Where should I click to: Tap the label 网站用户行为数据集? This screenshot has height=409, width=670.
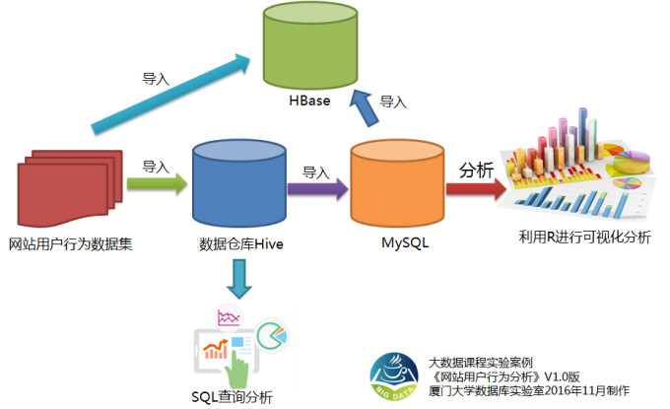[x=70, y=243]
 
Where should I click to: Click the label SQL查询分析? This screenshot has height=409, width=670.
[x=233, y=396]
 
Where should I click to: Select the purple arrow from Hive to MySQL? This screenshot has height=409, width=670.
[x=316, y=184]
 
